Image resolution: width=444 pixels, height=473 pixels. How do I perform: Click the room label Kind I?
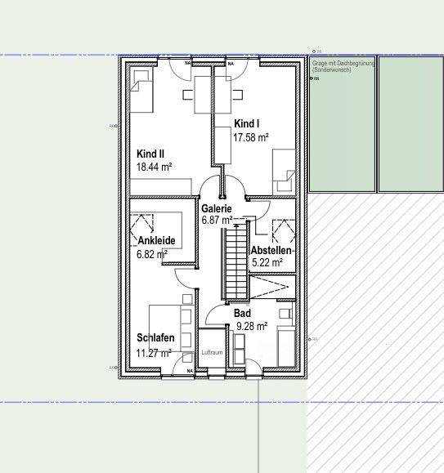click(x=245, y=123)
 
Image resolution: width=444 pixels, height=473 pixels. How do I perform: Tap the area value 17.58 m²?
click(x=251, y=138)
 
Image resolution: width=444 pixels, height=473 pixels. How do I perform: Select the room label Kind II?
click(x=150, y=153)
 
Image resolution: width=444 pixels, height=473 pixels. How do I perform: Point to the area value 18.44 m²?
click(x=155, y=167)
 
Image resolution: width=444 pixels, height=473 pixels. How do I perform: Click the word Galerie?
click(x=217, y=208)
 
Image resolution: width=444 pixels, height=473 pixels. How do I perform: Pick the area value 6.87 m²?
click(x=217, y=221)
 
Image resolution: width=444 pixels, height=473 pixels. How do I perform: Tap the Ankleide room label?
click(x=157, y=240)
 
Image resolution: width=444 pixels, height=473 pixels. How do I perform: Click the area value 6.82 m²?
click(x=152, y=254)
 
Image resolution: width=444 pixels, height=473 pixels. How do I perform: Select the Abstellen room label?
click(x=271, y=250)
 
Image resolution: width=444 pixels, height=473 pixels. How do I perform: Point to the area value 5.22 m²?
click(x=267, y=263)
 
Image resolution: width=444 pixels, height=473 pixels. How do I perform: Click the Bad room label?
click(x=242, y=313)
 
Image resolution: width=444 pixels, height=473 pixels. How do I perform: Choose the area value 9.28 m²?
click(x=252, y=326)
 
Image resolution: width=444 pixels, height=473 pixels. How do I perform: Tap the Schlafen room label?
click(x=155, y=338)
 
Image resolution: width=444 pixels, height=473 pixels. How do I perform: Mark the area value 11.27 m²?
click(x=154, y=353)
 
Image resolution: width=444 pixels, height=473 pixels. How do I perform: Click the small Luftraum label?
click(x=212, y=352)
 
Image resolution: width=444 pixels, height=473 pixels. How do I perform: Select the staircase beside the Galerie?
click(x=235, y=261)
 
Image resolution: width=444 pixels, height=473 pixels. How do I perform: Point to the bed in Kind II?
click(x=141, y=90)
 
